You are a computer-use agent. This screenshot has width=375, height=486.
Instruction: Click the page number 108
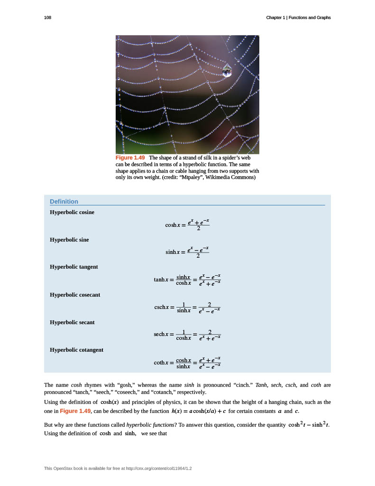pyautogui.click(x=47, y=18)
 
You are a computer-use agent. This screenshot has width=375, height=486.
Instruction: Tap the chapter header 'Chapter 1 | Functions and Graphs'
pyautogui.click(x=298, y=18)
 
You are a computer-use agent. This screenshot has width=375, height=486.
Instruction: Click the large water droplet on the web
pyautogui.click(x=227, y=70)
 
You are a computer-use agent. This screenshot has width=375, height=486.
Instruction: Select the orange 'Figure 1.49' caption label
pyautogui.click(x=130, y=158)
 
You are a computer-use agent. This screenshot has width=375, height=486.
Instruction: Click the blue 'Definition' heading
pyautogui.click(x=64, y=201)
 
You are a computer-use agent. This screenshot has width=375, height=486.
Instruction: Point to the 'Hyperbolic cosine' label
pyautogui.click(x=72, y=212)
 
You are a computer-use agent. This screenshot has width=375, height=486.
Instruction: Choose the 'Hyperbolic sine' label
pyautogui.click(x=69, y=240)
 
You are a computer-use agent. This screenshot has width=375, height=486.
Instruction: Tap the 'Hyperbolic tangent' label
pyautogui.click(x=74, y=267)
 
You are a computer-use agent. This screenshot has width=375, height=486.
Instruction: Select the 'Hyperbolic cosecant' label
pyautogui.click(x=75, y=295)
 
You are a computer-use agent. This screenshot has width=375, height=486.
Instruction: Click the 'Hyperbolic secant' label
pyautogui.click(x=72, y=322)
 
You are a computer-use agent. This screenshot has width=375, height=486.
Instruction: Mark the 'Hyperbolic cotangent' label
pyautogui.click(x=76, y=350)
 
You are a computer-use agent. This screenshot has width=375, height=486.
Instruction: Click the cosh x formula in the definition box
pyautogui.click(x=187, y=225)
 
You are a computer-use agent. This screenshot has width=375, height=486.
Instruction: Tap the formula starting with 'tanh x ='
pyautogui.click(x=187, y=280)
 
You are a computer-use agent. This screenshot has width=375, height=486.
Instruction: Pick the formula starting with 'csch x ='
pyautogui.click(x=187, y=308)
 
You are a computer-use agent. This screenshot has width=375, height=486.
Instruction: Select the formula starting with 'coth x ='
pyautogui.click(x=187, y=363)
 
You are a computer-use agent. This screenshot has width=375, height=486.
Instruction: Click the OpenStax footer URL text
pyautogui.click(x=121, y=468)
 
